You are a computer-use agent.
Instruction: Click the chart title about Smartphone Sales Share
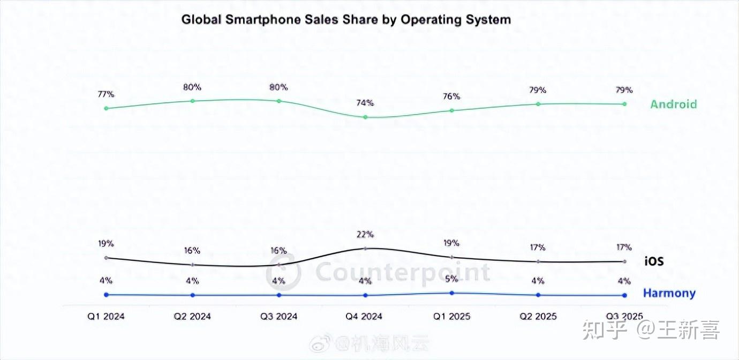(346, 20)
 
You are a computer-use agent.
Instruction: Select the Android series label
(674, 104)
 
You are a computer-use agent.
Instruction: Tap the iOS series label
(654, 261)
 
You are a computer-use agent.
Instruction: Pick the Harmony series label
(669, 294)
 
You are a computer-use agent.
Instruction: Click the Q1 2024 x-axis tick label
(106, 317)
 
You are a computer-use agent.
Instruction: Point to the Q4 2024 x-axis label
(364, 317)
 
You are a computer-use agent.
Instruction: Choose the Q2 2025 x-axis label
(538, 317)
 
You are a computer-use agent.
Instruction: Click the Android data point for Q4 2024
(365, 117)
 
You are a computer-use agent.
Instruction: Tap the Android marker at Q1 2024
(106, 108)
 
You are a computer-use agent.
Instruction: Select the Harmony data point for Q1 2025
(452, 293)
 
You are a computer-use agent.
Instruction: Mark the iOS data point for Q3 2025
(624, 261)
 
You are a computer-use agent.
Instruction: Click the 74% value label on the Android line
(365, 103)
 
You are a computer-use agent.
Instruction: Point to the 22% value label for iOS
(365, 235)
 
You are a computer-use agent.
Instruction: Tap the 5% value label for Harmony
(451, 279)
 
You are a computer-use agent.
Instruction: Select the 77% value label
(106, 94)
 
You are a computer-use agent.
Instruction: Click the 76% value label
(451, 96)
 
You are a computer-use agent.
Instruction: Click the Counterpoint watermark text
(403, 273)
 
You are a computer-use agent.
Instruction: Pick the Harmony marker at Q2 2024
(193, 295)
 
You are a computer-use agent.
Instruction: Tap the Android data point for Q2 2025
(538, 104)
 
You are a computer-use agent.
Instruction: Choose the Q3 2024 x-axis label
(279, 317)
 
